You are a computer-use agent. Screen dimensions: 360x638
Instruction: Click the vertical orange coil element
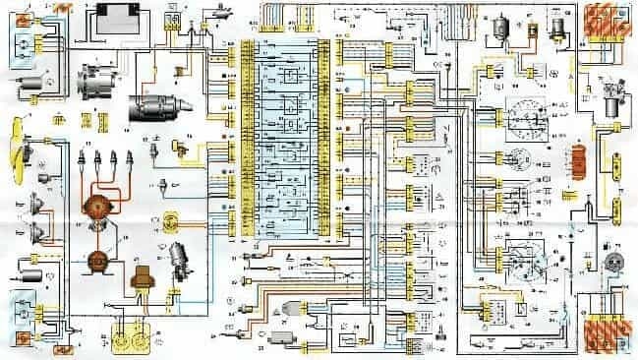pos(579,161)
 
